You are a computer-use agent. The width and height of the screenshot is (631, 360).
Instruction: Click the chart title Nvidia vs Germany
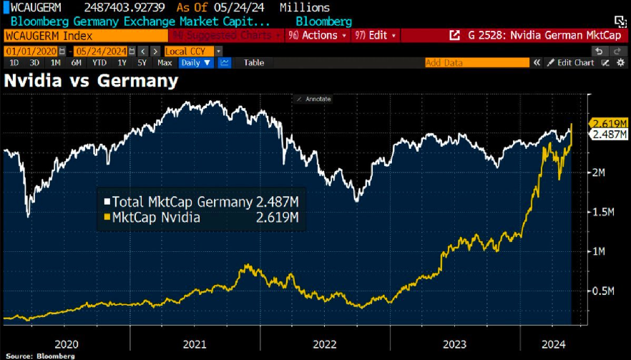point(91,81)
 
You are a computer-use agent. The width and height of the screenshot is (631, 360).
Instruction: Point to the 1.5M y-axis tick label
point(605,212)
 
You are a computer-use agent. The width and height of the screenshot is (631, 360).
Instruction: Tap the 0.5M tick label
point(605,291)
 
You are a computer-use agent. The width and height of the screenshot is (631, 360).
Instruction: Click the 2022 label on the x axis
point(324,344)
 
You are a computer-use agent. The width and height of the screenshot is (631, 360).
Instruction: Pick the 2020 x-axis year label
point(65,344)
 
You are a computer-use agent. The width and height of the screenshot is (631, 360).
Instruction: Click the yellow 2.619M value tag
point(609,122)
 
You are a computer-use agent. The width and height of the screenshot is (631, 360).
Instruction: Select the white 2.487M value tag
point(609,134)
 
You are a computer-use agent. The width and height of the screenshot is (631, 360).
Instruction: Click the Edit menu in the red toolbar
point(376,35)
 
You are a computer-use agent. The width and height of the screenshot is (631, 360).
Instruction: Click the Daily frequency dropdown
point(196,62)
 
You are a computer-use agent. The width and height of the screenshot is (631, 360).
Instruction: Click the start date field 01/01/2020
point(30,51)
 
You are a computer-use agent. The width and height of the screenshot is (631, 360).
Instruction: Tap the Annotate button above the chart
point(314,99)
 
